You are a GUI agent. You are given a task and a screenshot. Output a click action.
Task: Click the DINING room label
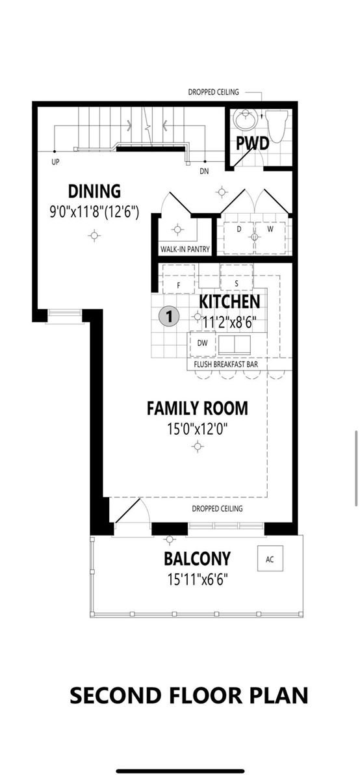pos(94,191)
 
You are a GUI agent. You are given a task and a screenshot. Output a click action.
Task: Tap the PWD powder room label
pos(253,144)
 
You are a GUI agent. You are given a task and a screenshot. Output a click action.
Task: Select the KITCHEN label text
pos(229,302)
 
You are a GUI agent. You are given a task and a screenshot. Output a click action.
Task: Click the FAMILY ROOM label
pos(197,408)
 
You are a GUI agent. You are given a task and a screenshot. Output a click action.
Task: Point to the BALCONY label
pos(197,558)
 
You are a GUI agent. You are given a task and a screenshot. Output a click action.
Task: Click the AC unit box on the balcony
pos(270,559)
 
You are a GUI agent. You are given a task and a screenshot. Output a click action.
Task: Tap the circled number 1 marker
pos(169,317)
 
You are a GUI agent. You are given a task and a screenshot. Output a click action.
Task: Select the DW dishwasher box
pos(202,343)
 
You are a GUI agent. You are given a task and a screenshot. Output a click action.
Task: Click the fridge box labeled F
pos(179,284)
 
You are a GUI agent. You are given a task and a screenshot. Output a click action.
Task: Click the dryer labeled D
pos(238,229)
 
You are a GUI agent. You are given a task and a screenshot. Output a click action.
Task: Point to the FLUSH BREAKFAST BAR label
pos(226,365)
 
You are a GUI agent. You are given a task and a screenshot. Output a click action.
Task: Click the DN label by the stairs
pos(205,172)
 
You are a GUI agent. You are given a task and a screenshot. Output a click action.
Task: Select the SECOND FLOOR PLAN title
pos(189,695)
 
